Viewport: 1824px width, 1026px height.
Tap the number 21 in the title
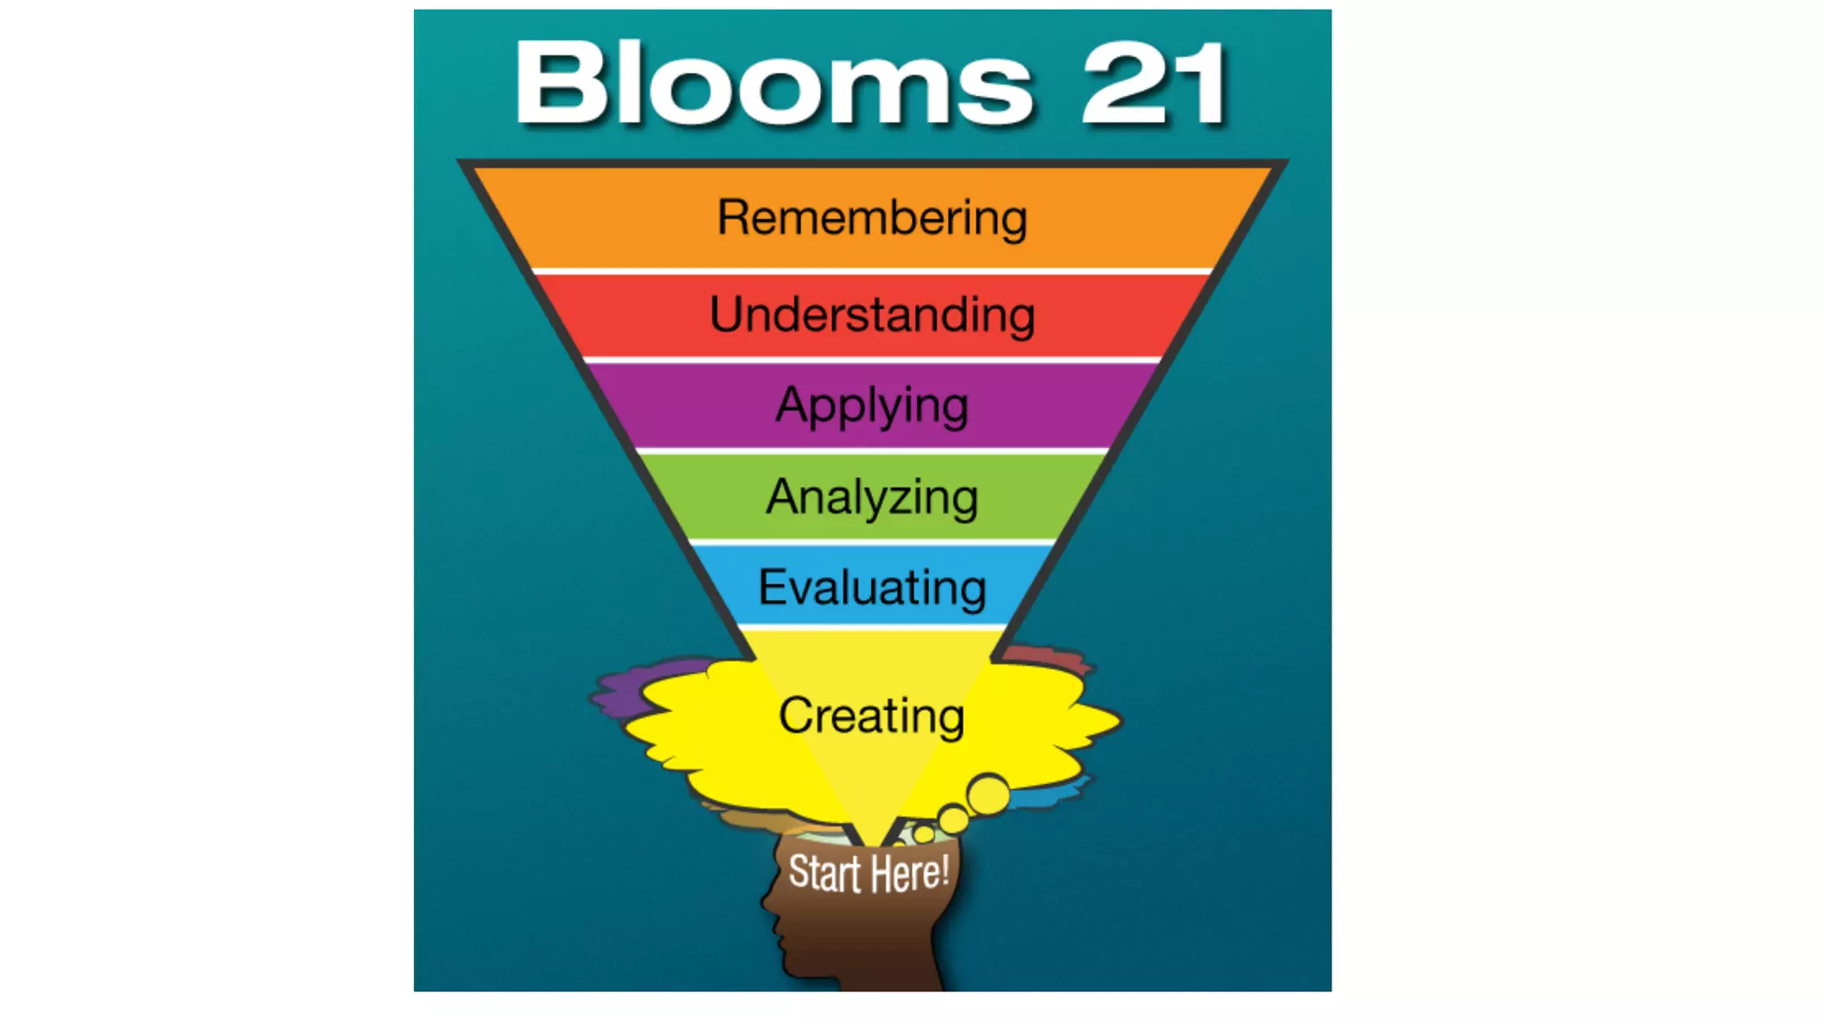1154,85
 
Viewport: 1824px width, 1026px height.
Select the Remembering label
872,217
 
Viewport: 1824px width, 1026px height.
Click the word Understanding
872,314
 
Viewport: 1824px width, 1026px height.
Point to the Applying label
872,406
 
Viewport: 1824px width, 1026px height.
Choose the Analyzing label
872,497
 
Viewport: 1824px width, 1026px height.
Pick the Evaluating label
872,587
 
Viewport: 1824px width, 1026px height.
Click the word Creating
871,715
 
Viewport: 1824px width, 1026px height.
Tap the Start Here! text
868,873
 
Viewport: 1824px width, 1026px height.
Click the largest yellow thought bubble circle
988,794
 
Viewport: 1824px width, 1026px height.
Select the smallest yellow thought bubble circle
924,835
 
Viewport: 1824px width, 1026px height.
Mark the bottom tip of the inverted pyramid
872,842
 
